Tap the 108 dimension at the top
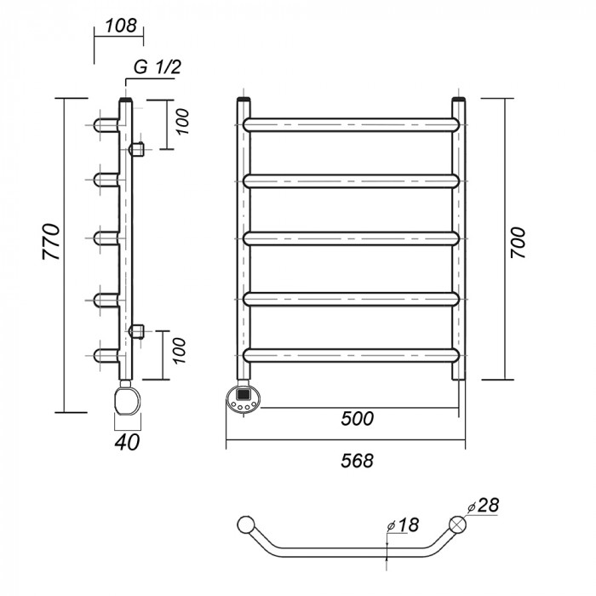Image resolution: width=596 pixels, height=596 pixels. tap(119, 26)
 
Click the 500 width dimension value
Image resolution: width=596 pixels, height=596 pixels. tap(359, 418)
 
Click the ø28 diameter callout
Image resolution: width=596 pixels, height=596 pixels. tap(483, 506)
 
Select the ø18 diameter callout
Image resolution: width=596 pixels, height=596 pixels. tap(405, 525)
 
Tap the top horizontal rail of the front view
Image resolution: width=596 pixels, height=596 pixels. tap(353, 123)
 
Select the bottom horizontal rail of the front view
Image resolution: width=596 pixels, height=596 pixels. tap(353, 352)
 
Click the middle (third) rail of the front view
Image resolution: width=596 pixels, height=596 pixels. tap(353, 238)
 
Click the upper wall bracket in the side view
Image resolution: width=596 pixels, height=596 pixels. tap(136, 150)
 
